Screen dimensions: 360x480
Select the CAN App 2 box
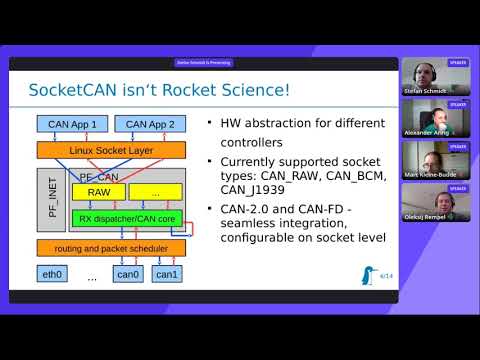150,125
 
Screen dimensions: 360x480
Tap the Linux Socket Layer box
111,150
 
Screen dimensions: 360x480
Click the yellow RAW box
98,191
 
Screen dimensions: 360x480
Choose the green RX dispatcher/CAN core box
126,217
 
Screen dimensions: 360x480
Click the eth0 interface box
53,272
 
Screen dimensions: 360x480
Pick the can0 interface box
128,272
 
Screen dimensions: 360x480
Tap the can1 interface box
168,272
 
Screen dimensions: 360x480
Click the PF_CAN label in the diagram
99,176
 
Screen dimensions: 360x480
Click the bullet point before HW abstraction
208,124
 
